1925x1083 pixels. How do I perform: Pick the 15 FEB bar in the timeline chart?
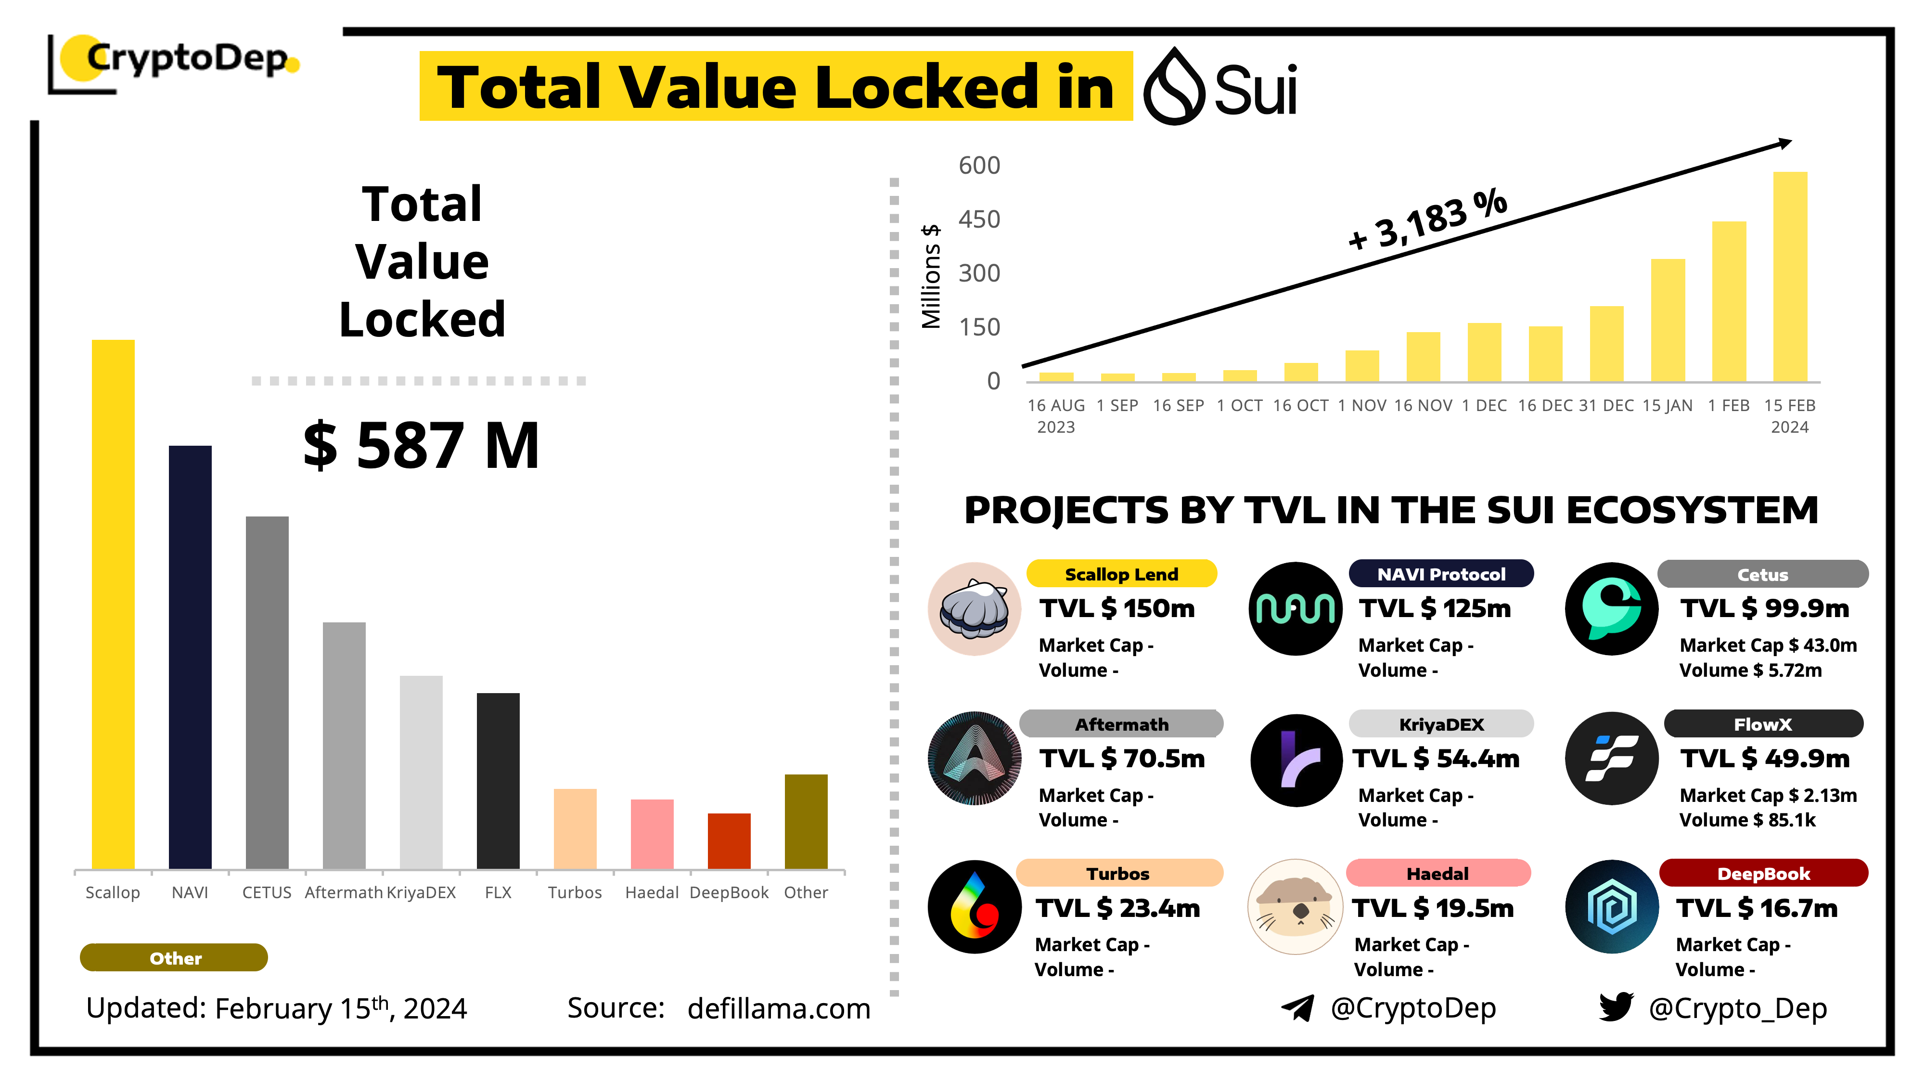(x=1790, y=277)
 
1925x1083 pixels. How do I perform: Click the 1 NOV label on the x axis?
(x=1361, y=406)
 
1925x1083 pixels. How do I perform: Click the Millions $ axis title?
(x=930, y=277)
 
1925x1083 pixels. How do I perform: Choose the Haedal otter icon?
(x=1295, y=907)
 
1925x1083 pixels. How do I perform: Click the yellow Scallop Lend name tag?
(x=1121, y=574)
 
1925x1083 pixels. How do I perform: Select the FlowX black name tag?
(x=1763, y=724)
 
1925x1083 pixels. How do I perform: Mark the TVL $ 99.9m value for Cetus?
(x=1764, y=608)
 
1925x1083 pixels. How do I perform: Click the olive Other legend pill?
(x=174, y=958)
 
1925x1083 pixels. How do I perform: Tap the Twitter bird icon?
(x=1616, y=1007)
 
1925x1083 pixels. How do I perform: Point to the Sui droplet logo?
(x=1174, y=87)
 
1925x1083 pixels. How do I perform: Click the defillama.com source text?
(x=779, y=1008)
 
